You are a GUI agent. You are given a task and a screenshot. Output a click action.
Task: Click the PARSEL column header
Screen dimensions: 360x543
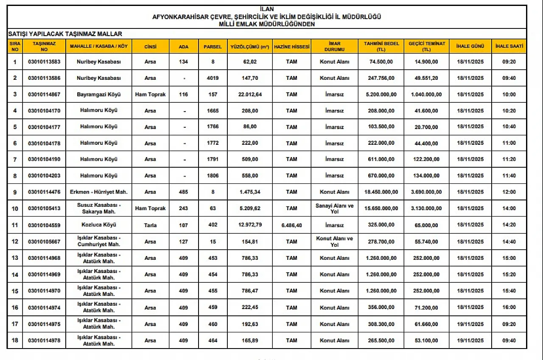pyautogui.click(x=213, y=47)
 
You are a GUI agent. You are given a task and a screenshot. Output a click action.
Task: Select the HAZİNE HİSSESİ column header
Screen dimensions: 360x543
pyautogui.click(x=291, y=47)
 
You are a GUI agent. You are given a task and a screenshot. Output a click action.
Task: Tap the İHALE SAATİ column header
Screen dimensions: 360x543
pyautogui.click(x=509, y=46)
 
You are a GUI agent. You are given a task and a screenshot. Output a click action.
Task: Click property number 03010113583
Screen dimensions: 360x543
pyautogui.click(x=44, y=62)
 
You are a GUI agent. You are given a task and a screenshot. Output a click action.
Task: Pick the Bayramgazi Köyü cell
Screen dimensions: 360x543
pyautogui.click(x=98, y=94)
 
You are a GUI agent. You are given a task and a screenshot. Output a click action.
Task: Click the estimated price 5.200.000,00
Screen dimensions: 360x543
pyautogui.click(x=381, y=94)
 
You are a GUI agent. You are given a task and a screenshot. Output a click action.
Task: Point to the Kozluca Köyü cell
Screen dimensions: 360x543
pyautogui.click(x=98, y=225)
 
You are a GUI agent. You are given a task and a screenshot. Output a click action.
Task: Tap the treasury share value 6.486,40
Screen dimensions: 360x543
pyautogui.click(x=291, y=225)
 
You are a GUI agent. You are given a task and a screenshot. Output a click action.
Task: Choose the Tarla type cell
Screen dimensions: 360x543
pyautogui.click(x=150, y=225)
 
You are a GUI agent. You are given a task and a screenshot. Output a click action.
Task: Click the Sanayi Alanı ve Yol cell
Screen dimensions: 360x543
pyautogui.click(x=334, y=208)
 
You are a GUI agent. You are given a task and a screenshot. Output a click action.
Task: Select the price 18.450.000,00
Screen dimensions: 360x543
pyautogui.click(x=381, y=192)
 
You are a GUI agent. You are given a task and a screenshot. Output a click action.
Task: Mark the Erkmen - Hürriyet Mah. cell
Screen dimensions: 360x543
pyautogui.click(x=98, y=192)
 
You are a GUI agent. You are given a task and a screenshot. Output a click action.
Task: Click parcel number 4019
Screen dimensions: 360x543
pyautogui.click(x=213, y=78)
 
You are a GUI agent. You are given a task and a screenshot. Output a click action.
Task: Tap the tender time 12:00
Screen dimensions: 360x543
pyautogui.click(x=509, y=192)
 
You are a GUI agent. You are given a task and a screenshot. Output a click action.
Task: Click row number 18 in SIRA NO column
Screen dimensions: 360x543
pyautogui.click(x=15, y=340)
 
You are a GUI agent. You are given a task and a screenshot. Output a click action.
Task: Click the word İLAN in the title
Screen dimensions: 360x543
pyautogui.click(x=267, y=9)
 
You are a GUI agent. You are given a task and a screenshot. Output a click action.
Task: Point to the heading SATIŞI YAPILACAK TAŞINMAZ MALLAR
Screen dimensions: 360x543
pyautogui.click(x=65, y=34)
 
